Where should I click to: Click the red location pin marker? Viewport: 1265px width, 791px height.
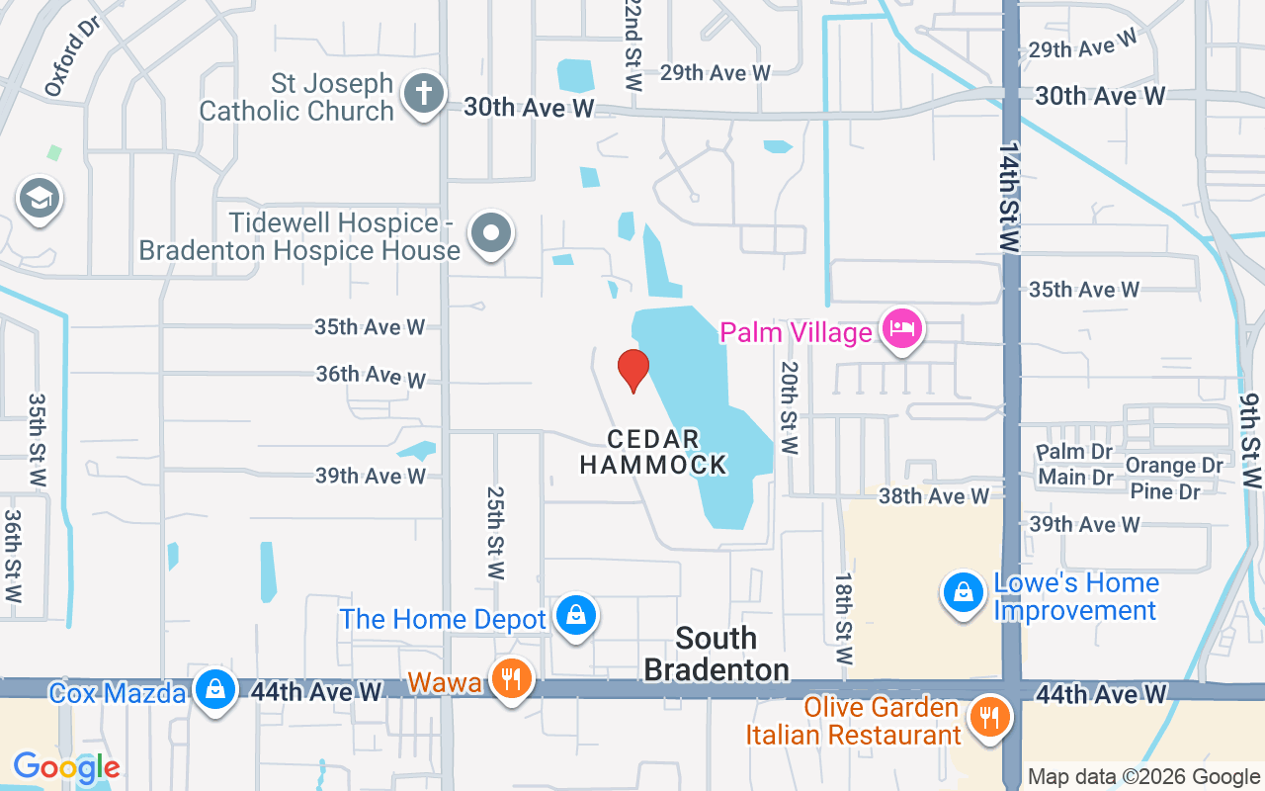pos(633,370)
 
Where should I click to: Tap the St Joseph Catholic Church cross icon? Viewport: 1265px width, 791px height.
pos(423,95)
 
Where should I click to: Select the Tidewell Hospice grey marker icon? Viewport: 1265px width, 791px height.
pos(491,234)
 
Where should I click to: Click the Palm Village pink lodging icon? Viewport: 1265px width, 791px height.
pos(902,329)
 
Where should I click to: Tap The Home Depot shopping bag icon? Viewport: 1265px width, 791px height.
pos(575,616)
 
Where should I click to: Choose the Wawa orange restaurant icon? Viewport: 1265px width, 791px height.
pos(510,679)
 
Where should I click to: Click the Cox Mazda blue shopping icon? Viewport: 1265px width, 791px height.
pos(214,689)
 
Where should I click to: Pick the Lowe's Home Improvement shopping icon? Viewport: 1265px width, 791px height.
pos(962,593)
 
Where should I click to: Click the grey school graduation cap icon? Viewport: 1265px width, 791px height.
pos(40,199)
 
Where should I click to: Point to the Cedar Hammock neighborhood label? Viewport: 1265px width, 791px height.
pos(653,451)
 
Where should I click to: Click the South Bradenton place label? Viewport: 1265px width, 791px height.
pos(717,654)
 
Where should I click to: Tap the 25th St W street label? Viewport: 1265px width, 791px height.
pos(495,532)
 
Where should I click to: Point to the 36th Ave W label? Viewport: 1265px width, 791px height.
pos(371,375)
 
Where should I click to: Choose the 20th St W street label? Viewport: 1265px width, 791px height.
pos(789,406)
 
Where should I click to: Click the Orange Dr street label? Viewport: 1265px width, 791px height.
pos(1174,465)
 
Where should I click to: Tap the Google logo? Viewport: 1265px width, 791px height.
pos(66,766)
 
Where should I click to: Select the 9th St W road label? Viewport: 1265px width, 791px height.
pos(1251,441)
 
